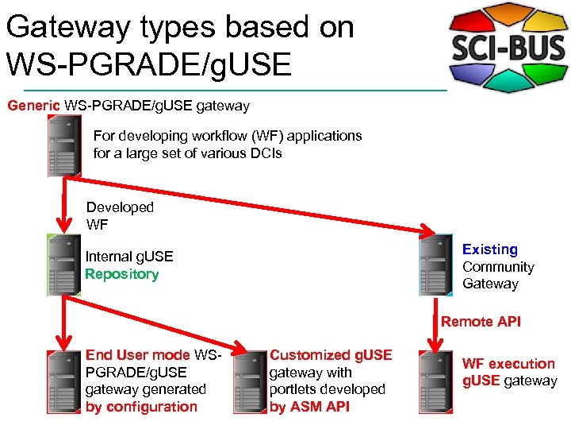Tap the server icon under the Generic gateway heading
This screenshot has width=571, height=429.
64,145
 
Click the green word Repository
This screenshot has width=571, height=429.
121,274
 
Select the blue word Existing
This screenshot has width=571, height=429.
489,249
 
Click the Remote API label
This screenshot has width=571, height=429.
481,322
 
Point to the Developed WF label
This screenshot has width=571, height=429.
119,215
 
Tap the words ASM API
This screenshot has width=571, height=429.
320,407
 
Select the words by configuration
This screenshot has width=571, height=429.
141,407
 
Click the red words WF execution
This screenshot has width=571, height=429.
508,364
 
